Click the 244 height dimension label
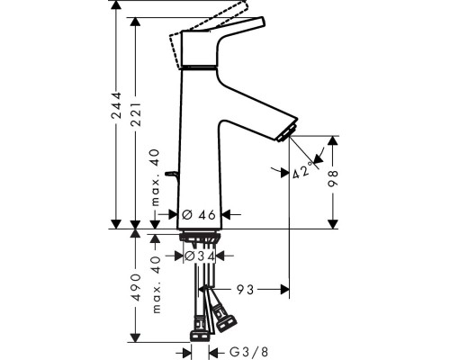pyautogui.click(x=116, y=105)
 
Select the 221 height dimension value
pyautogui.click(x=136, y=114)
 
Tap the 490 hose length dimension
pyautogui.click(x=136, y=287)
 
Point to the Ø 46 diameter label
pyautogui.click(x=199, y=215)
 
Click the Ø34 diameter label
pyautogui.click(x=200, y=256)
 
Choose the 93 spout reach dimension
pyautogui.click(x=246, y=290)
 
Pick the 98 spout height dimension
pyautogui.click(x=333, y=178)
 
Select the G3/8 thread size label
pyautogui.click(x=248, y=352)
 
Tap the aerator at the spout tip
pyautogui.click(x=287, y=132)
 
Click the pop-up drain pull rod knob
pyautogui.click(x=172, y=174)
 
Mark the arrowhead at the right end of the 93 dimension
pyautogui.click(x=285, y=290)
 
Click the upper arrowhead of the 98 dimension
pyautogui.click(x=333, y=140)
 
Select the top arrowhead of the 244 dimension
pyautogui.click(x=116, y=5)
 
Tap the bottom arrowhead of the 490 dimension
pyautogui.click(x=136, y=337)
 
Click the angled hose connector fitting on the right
pyautogui.click(x=224, y=318)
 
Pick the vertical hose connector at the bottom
pyautogui.click(x=200, y=329)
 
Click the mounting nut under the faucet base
pyautogui.click(x=200, y=237)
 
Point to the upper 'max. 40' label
pyautogui.click(x=156, y=178)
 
